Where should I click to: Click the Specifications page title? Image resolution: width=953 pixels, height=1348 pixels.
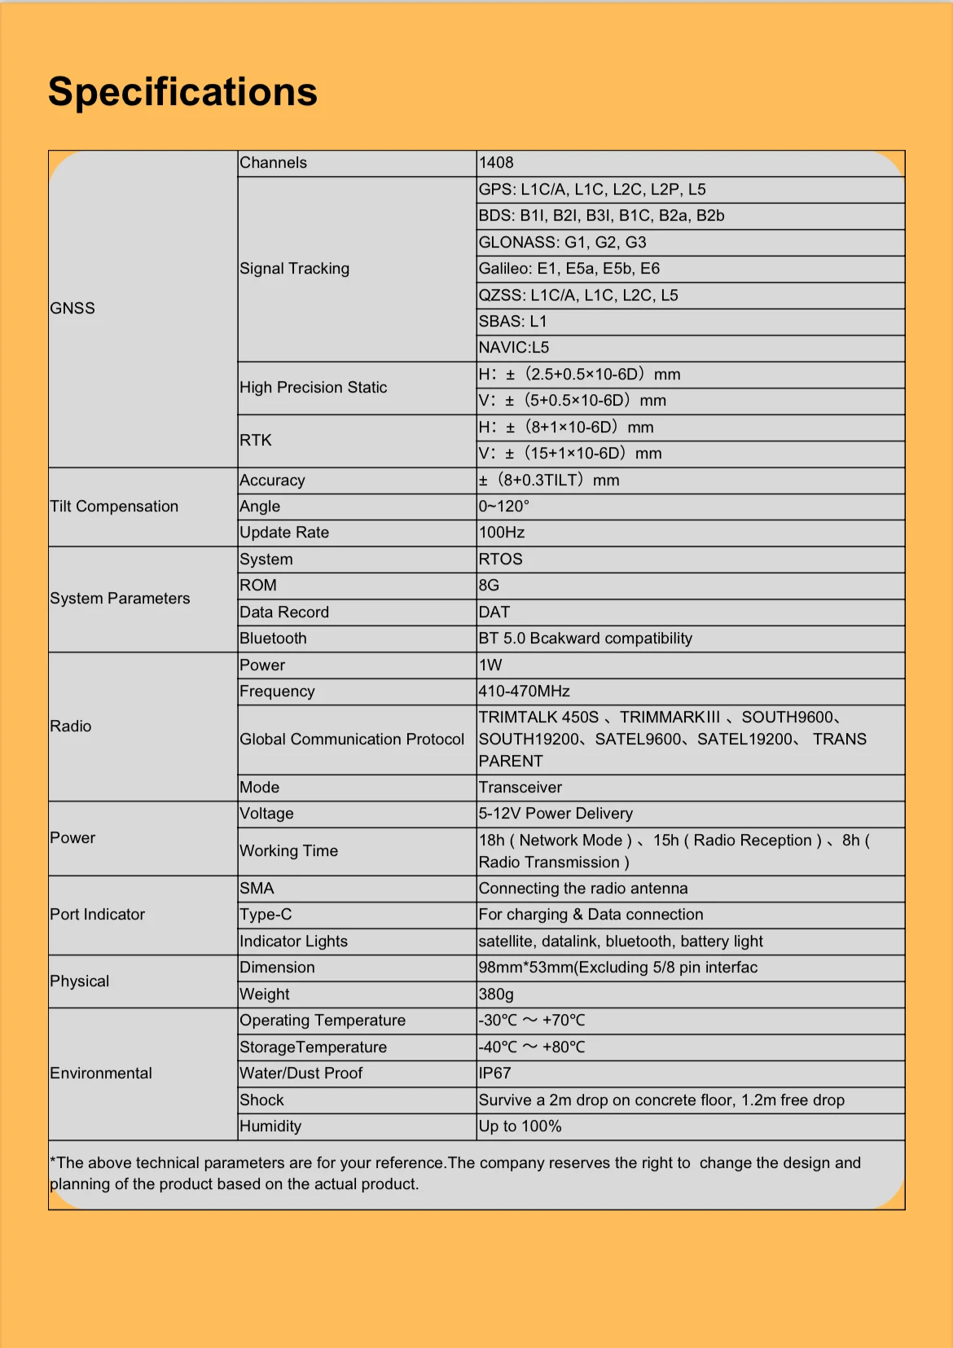pyautogui.click(x=182, y=92)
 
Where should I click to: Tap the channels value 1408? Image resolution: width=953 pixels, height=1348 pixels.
pyautogui.click(x=496, y=163)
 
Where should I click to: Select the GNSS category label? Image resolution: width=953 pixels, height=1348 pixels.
pyautogui.click(x=72, y=308)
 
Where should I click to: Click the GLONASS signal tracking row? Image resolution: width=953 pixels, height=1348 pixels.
pyautogui.click(x=562, y=243)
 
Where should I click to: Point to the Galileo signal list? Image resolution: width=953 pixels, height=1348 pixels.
pyautogui.click(x=569, y=269)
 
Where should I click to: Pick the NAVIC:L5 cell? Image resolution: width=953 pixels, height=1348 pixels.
pyautogui.click(x=514, y=348)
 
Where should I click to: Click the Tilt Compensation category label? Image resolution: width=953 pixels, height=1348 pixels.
pyautogui.click(x=114, y=507)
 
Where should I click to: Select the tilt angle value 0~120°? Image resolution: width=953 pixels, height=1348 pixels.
pyautogui.click(x=503, y=507)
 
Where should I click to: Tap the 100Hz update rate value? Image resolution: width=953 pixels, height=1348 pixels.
pyautogui.click(x=502, y=533)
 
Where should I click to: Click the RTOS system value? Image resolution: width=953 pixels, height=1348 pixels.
pyautogui.click(x=500, y=560)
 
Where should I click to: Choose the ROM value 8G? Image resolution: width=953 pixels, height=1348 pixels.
pyautogui.click(x=489, y=586)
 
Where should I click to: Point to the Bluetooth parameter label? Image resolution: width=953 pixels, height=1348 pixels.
pyautogui.click(x=273, y=639)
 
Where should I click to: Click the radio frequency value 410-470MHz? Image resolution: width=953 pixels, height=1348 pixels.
pyautogui.click(x=524, y=692)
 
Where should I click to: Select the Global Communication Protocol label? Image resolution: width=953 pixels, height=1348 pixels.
pyautogui.click(x=352, y=740)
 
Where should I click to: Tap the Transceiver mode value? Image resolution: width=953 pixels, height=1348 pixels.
pyautogui.click(x=520, y=788)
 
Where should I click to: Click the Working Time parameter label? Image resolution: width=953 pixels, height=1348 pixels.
pyautogui.click(x=288, y=851)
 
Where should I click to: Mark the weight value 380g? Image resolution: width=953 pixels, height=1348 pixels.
pyautogui.click(x=496, y=995)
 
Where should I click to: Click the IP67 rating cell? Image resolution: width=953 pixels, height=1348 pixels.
pyautogui.click(x=494, y=1074)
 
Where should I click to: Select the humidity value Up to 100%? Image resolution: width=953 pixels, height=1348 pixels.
pyautogui.click(x=520, y=1126)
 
